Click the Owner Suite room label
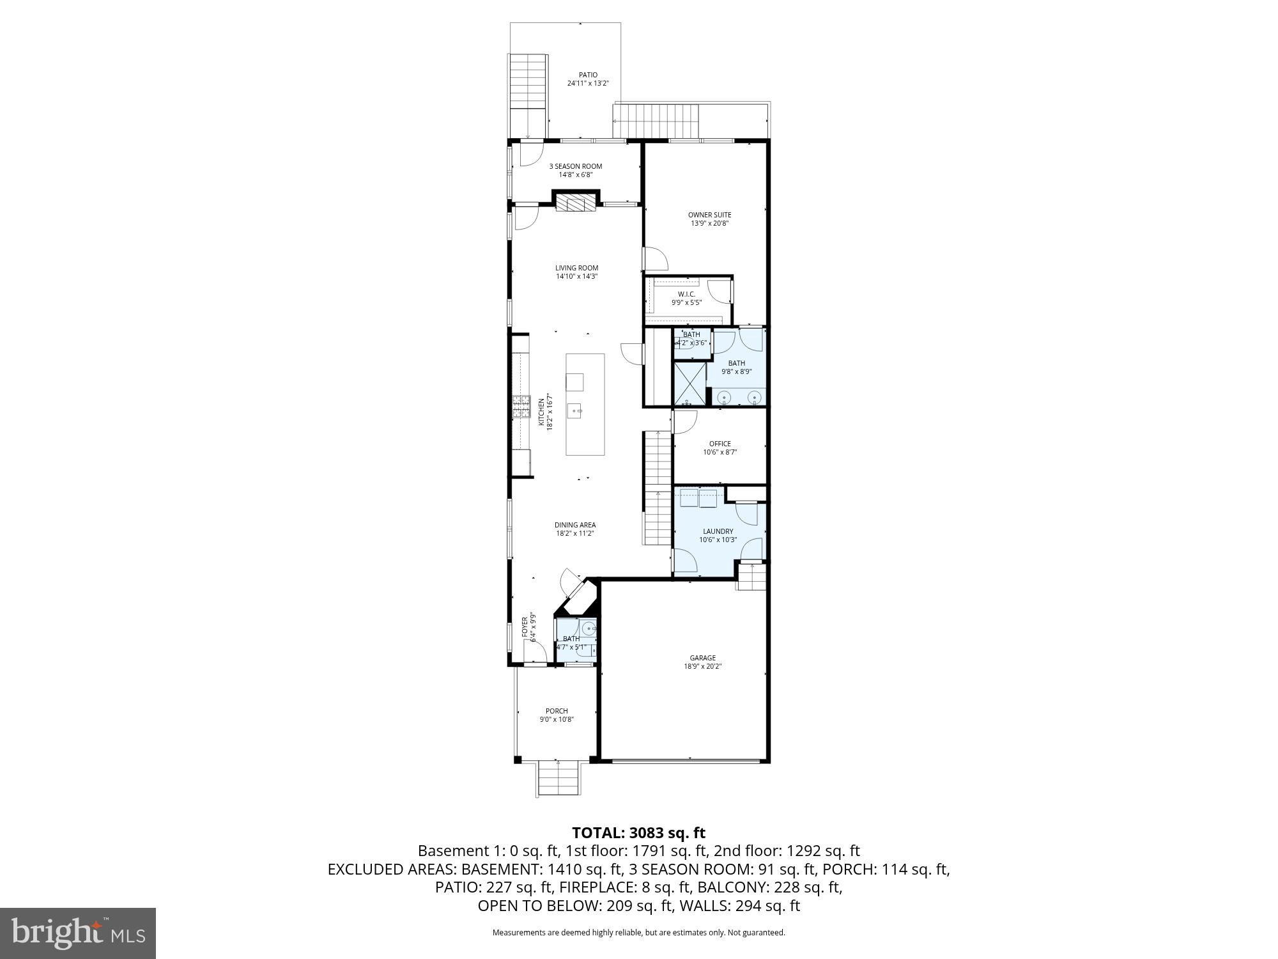[709, 215]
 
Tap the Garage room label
[702, 658]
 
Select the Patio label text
[588, 75]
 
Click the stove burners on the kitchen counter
[521, 407]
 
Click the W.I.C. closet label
[686, 294]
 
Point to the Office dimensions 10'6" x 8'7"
[720, 452]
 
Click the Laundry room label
[718, 531]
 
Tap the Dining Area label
[575, 525]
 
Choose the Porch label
[557, 711]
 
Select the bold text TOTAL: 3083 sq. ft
[638, 833]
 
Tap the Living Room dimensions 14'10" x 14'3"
[576, 277]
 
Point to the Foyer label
[525, 628]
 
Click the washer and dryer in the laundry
[699, 497]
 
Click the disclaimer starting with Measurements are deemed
[638, 933]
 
